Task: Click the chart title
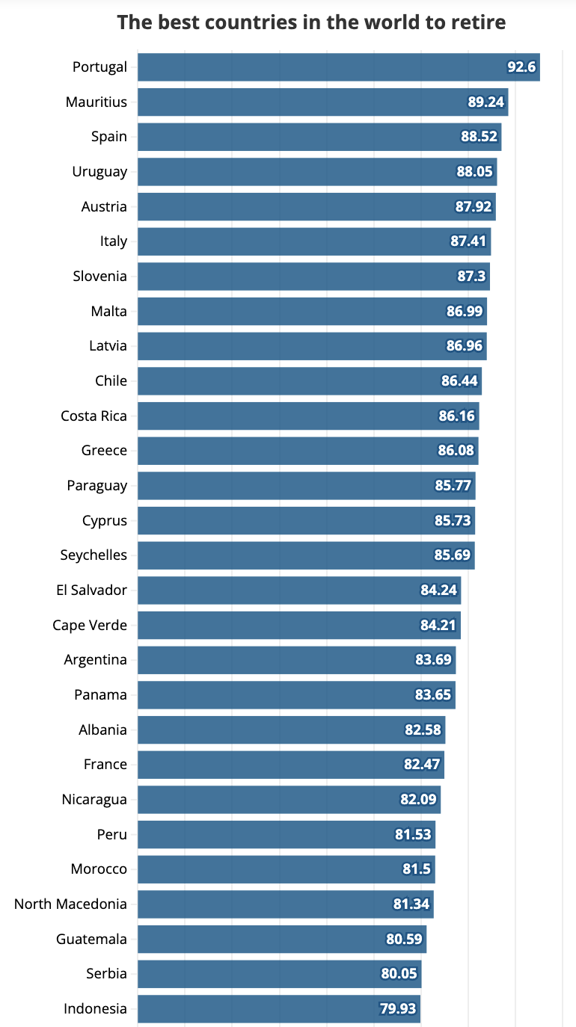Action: click(x=311, y=22)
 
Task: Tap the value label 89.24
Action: click(x=486, y=102)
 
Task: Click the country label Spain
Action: click(x=109, y=137)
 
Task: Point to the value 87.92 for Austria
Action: click(x=474, y=206)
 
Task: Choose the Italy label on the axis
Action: click(x=114, y=241)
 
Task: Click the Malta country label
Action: click(x=109, y=311)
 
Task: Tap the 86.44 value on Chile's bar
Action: click(x=459, y=381)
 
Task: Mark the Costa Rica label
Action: click(x=94, y=416)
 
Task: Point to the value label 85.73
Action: click(x=453, y=520)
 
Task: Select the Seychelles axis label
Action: click(x=94, y=555)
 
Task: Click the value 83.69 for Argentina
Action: click(x=433, y=660)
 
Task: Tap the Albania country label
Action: click(x=103, y=730)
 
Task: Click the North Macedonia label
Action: click(x=71, y=904)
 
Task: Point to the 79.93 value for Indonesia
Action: click(x=398, y=1009)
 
